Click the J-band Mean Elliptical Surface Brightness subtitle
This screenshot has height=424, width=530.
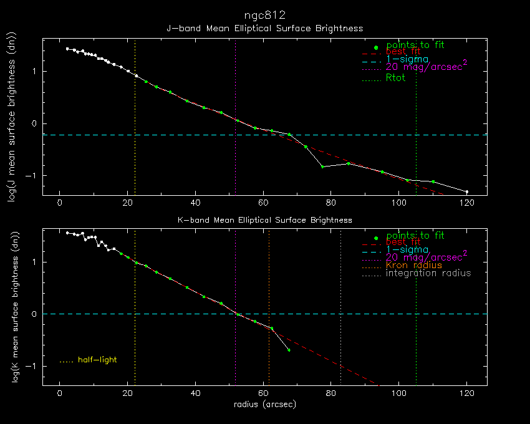[x=265, y=29]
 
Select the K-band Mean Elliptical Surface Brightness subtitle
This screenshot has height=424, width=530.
[x=265, y=220]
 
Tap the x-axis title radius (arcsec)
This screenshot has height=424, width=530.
[x=265, y=405]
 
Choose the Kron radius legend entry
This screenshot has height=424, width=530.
[x=413, y=265]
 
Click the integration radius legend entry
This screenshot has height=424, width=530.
[x=428, y=273]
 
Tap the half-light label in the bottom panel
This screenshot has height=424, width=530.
[x=97, y=360]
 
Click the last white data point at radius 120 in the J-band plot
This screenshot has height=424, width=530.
[x=466, y=191]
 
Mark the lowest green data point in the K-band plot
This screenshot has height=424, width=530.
[x=289, y=350]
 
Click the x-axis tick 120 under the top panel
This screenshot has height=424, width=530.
[x=466, y=203]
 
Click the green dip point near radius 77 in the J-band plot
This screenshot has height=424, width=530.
[x=322, y=166]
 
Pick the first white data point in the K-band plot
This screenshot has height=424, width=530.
[x=67, y=233]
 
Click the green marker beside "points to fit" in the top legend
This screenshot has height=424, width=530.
[x=375, y=47]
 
